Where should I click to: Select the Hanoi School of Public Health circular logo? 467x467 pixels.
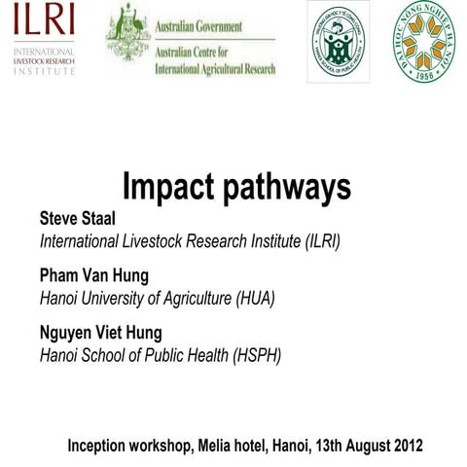[x=339, y=41]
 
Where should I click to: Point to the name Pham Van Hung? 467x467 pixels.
[x=94, y=276]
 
